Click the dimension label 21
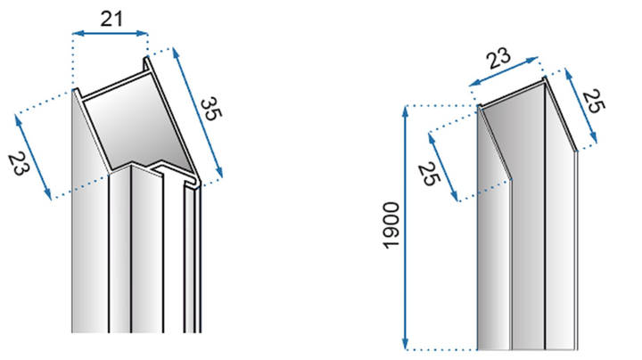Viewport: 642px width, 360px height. click(111, 19)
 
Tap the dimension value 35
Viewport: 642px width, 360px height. click(211, 109)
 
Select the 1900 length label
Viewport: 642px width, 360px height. click(391, 225)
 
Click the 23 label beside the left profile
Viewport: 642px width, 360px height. click(19, 163)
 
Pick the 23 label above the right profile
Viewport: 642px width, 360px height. click(498, 59)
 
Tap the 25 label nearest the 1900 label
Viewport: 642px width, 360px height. click(429, 174)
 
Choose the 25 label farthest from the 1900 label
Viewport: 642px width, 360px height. click(593, 101)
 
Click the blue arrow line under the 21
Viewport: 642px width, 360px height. click(110, 33)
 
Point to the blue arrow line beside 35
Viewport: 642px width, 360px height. click(198, 112)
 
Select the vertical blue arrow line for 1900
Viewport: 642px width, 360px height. click(406, 228)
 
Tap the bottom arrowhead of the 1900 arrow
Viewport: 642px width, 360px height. click(406, 345)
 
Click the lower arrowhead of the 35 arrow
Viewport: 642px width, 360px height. click(219, 173)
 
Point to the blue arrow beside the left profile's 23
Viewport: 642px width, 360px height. click(33, 157)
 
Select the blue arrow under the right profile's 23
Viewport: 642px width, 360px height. click(503, 71)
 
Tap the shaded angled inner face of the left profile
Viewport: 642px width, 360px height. click(136, 127)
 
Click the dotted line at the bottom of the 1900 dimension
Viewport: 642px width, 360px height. click(441, 350)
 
